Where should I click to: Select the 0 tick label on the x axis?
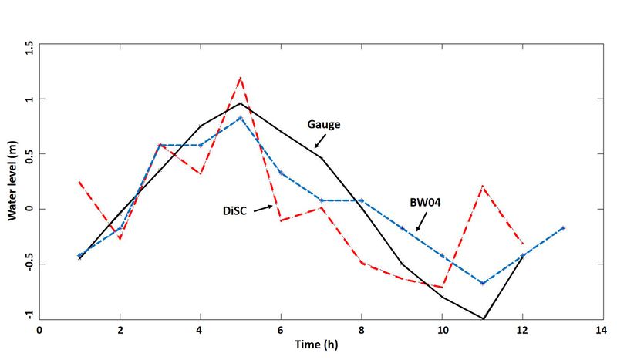(39, 329)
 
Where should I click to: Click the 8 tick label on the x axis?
(361, 329)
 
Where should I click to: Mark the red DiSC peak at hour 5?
(241, 78)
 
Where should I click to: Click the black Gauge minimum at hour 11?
(484, 318)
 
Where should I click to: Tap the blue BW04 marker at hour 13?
(563, 228)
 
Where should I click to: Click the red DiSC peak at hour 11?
(483, 187)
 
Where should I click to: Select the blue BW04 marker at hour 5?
(241, 118)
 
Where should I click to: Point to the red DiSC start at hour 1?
(79, 182)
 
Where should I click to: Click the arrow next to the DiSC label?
(263, 207)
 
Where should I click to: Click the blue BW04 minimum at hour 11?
(483, 283)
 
